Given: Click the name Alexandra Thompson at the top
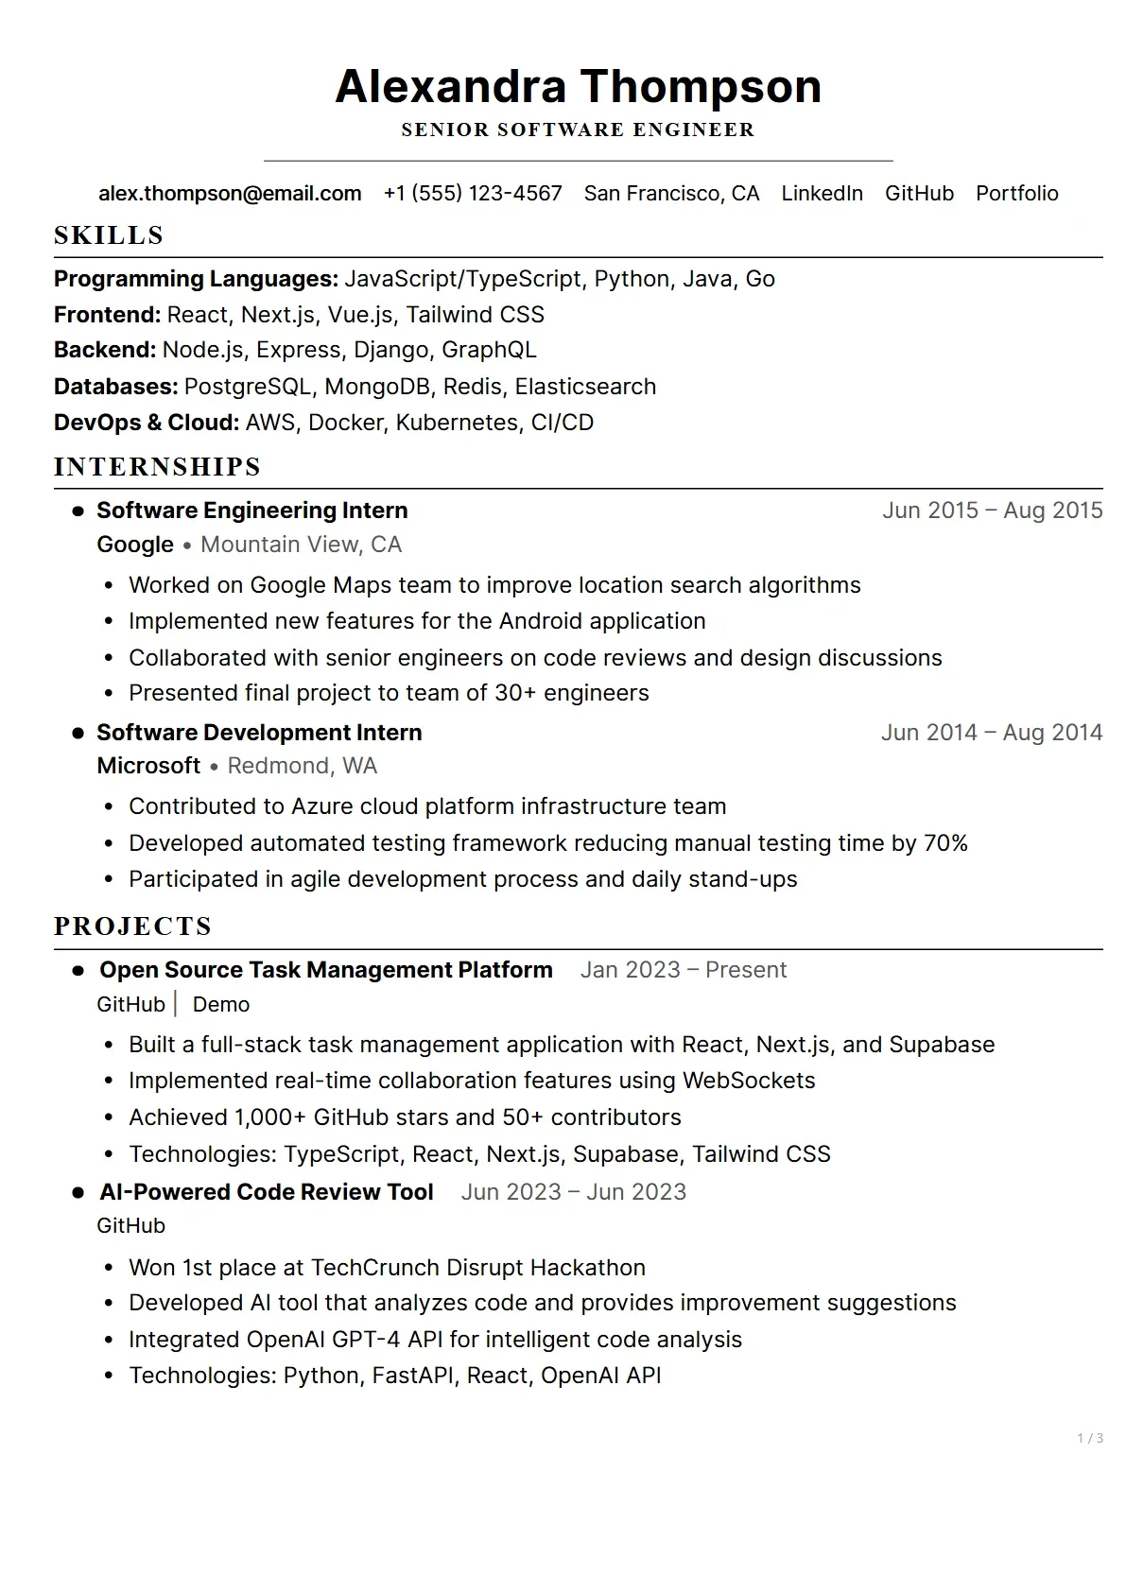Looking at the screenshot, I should pos(578,86).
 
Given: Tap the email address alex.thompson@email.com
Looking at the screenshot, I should pos(230,193).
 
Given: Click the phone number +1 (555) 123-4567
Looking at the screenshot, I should pos(473,193).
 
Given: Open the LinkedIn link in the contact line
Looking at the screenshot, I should pos(822,193).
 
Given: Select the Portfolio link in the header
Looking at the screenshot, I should pos(1016,193).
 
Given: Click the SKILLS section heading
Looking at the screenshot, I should pos(109,235).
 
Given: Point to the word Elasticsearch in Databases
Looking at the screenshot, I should pos(585,387).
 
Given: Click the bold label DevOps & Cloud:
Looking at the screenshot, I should pos(147,423).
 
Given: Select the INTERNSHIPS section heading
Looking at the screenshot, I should pos(157,467).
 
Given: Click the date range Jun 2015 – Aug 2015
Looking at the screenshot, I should pos(992,511).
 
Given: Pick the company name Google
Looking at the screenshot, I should pos(135,545).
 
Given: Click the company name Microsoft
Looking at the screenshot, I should pos(148,766).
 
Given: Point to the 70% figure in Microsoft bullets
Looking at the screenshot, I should pos(945,843).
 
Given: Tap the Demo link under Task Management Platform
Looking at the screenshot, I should pos(221,1004).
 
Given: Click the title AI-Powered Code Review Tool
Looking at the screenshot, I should pos(267,1192).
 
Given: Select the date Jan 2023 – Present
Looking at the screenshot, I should pos(683,970).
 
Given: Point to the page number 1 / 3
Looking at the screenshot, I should pos(1089,1438).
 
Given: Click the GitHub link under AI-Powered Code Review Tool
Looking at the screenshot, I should pos(130,1225).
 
